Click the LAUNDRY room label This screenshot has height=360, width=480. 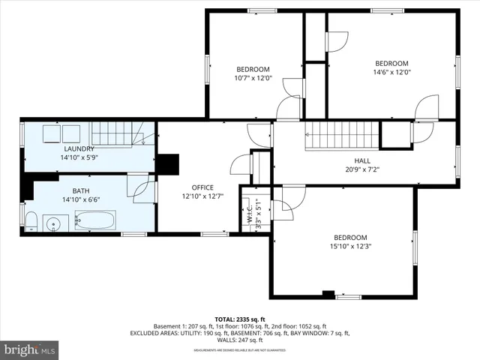tap(78, 148)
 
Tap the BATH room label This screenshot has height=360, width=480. tap(80, 191)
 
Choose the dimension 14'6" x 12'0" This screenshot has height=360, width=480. tap(391, 73)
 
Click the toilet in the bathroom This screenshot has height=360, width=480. tap(31, 220)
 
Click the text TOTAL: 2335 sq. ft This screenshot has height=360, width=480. tap(240, 319)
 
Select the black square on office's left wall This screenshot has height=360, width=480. tap(169, 163)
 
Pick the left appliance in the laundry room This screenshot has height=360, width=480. tap(51, 133)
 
